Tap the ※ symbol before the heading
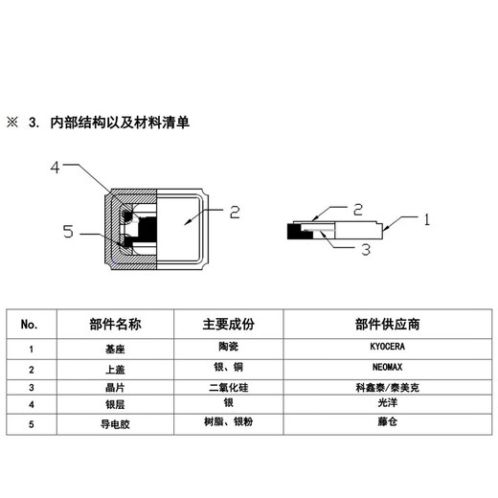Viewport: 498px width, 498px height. [13, 124]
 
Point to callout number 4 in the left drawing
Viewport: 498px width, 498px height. [55, 168]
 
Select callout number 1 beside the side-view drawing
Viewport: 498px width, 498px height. [427, 218]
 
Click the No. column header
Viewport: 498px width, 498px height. [30, 325]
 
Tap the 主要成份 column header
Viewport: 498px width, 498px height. [229, 325]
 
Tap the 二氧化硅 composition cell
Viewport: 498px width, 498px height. [229, 389]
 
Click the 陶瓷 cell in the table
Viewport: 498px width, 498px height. [229, 349]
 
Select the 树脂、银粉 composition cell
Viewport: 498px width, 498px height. [229, 422]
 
